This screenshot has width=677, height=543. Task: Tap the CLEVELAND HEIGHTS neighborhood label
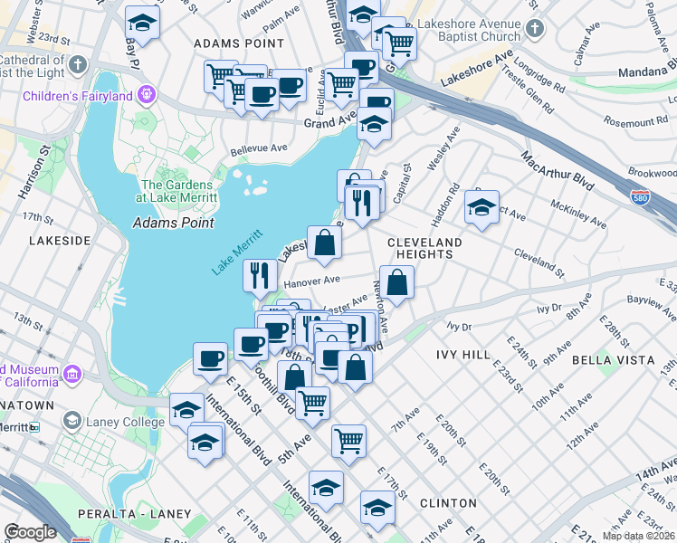tap(424, 249)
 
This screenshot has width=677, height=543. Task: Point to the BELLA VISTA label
tap(613, 359)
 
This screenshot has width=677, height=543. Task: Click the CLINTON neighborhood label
tap(449, 502)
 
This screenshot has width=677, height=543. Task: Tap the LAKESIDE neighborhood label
tap(60, 241)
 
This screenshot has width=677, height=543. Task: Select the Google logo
tap(30, 532)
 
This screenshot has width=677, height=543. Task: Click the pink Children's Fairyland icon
tap(146, 95)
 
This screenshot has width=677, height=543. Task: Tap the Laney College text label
tap(112, 421)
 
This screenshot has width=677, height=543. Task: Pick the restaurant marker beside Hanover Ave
tap(260, 273)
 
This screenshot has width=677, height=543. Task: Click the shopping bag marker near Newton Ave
tap(397, 281)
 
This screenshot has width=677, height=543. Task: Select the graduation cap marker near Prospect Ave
tap(482, 206)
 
